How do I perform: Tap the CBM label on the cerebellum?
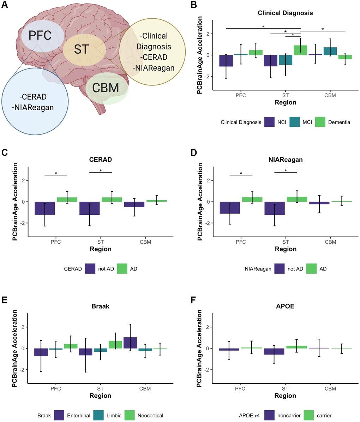(106, 87)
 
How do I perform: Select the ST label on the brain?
(82, 49)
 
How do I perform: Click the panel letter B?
(193, 6)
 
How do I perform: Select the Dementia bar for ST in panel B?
(300, 50)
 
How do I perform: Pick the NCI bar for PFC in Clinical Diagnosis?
(226, 61)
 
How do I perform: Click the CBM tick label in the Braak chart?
(145, 388)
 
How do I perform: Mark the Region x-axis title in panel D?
(286, 249)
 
